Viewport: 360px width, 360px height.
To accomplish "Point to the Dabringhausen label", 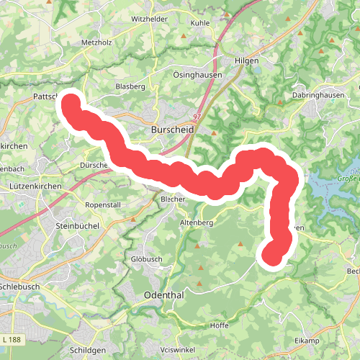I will coord(315,94).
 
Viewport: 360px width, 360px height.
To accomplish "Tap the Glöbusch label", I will coord(148,259).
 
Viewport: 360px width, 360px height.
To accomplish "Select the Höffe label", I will coord(219,326).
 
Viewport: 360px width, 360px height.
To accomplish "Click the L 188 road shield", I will coord(12,318).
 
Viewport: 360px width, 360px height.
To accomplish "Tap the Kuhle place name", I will coord(200,22).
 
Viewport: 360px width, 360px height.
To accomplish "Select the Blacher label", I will coord(174,199).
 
